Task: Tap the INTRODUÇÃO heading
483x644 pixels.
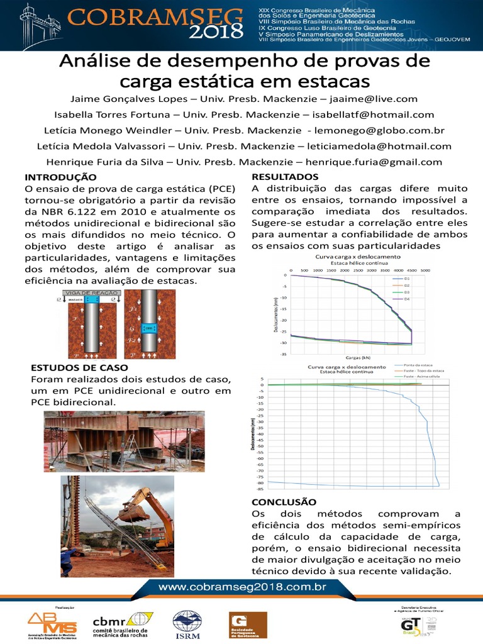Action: tap(60, 177)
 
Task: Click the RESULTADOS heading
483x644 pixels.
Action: tap(285, 177)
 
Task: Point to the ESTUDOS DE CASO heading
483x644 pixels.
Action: tap(79, 367)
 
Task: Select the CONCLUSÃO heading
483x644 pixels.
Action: tap(284, 502)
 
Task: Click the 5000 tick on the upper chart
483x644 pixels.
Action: tap(425, 270)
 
